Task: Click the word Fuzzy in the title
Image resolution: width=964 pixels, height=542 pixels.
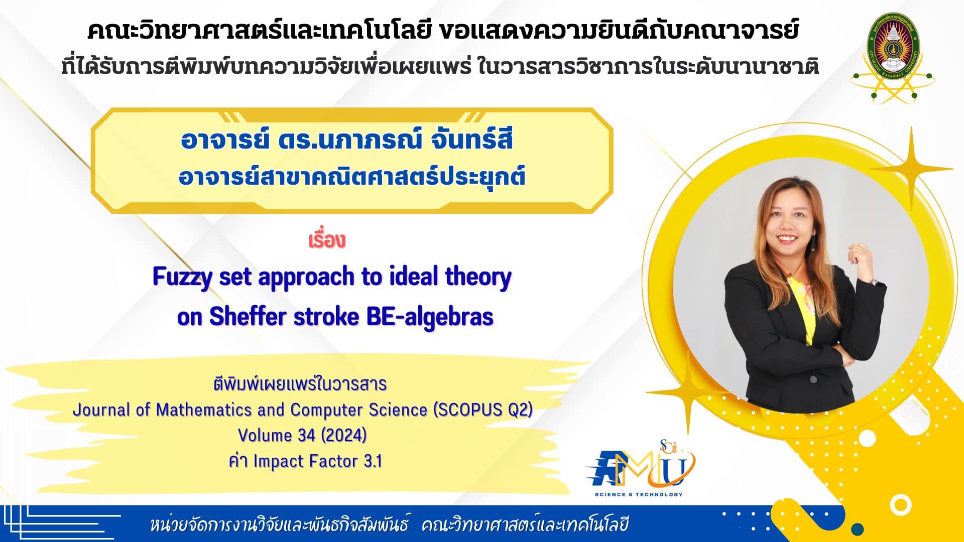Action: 183,278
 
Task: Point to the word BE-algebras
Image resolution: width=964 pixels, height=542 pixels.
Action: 430,317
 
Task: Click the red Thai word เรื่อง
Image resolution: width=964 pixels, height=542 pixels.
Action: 327,240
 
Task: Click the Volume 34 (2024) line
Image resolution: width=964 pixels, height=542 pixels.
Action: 302,435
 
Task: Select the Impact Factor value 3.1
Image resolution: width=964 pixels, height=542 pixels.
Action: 372,461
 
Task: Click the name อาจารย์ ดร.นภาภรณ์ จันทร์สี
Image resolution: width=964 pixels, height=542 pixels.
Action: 347,140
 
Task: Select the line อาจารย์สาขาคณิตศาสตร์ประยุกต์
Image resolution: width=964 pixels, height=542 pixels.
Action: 351,177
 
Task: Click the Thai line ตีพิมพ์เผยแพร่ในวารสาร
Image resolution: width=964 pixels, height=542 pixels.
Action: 300,384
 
